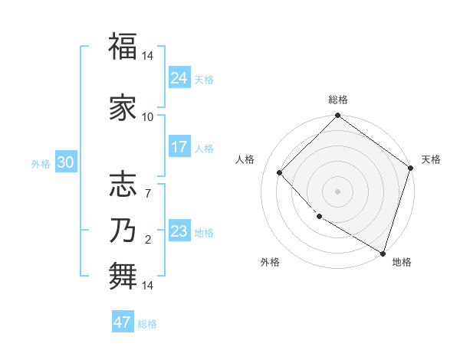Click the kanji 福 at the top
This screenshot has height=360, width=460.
tap(123, 47)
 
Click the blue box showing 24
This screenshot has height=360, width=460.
tap(179, 77)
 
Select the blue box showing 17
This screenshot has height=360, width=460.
tap(179, 147)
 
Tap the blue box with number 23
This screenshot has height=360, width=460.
tap(179, 231)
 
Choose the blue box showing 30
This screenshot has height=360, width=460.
tap(65, 162)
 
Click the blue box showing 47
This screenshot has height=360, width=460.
tap(123, 322)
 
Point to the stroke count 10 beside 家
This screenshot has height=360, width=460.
tap(148, 117)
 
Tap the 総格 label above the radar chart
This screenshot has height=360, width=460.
tap(338, 100)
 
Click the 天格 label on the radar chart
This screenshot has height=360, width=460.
tap(431, 159)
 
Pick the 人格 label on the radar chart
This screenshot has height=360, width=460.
tap(245, 159)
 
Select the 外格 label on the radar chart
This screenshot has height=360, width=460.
tap(270, 262)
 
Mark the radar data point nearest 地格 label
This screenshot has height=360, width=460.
tap(383, 252)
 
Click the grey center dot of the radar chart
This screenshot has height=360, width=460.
tap(338, 191)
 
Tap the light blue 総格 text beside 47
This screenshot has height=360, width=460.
tap(147, 324)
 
